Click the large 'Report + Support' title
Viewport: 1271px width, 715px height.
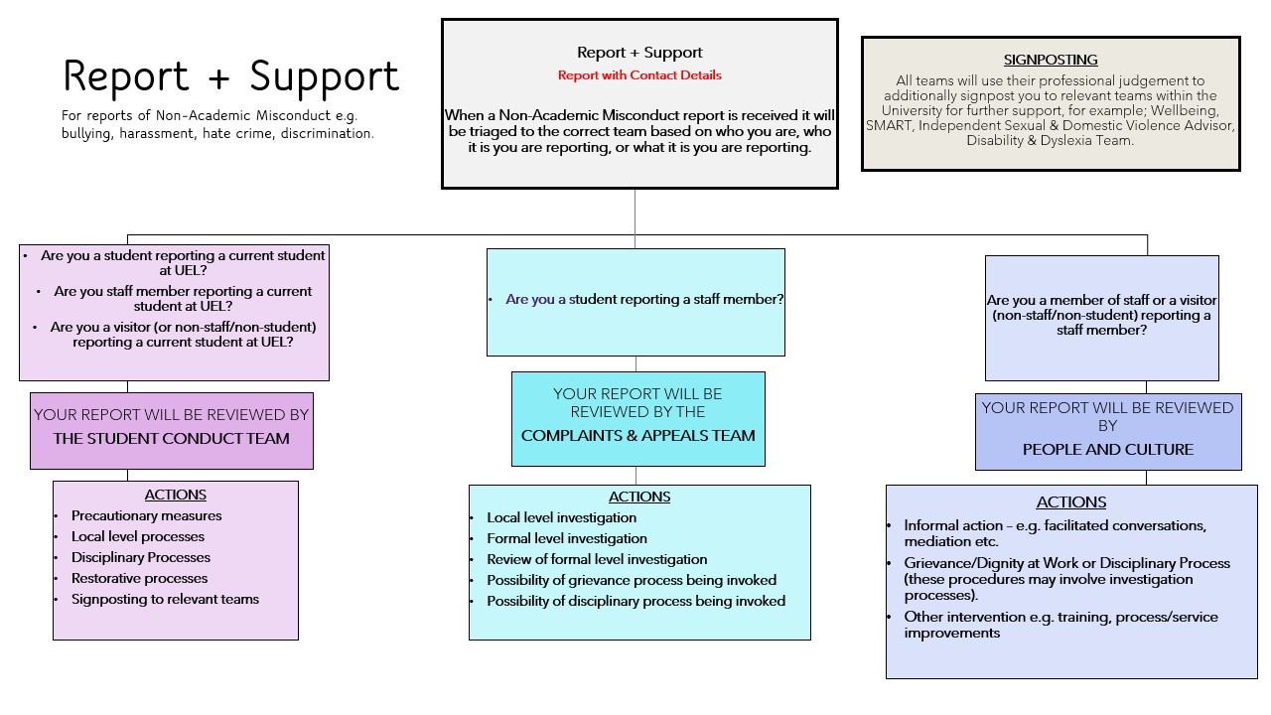point(230,76)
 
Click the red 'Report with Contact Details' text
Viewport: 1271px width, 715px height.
point(639,75)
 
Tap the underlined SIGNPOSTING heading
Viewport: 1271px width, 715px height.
point(1051,61)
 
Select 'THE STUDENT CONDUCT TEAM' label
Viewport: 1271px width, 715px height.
point(172,438)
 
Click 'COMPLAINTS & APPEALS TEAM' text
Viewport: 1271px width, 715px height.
point(638,435)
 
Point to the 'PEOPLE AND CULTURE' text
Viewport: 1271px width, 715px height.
point(1108,449)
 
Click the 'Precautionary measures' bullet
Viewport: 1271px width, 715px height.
point(146,515)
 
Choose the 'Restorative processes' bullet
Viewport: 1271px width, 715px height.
point(139,578)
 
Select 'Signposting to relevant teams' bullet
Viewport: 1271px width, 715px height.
point(165,599)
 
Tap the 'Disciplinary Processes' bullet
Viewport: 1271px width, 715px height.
point(141,557)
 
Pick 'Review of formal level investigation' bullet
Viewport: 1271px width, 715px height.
point(597,559)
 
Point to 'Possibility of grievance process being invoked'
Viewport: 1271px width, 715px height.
point(632,580)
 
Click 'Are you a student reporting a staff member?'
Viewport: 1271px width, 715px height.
point(644,299)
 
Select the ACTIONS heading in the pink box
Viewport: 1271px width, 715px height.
point(176,495)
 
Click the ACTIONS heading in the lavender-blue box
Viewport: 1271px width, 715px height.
point(1071,501)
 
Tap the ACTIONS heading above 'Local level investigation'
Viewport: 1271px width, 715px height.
point(639,497)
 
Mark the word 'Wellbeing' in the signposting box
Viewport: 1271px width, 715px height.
point(1184,110)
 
